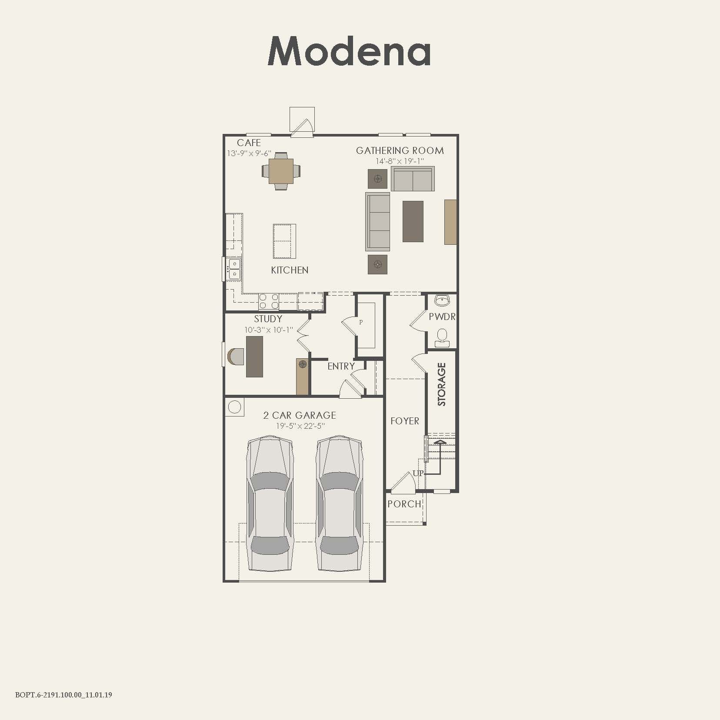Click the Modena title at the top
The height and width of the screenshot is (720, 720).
[349, 51]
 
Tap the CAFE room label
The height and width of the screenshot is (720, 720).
[249, 143]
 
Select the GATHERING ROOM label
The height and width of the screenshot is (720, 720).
[400, 150]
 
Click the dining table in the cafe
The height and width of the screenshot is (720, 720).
[281, 171]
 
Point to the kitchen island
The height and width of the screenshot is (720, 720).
[284, 241]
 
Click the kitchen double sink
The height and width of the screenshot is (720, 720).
[234, 269]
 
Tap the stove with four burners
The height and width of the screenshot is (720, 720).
[269, 301]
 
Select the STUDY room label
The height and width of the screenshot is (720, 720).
[268, 319]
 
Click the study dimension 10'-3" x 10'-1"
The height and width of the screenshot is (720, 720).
[269, 330]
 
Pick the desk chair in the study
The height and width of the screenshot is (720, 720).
[235, 357]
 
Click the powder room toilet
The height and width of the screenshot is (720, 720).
[442, 337]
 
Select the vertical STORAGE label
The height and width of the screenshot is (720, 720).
[442, 384]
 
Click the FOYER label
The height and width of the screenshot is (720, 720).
[404, 421]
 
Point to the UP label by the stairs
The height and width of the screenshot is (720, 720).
[418, 473]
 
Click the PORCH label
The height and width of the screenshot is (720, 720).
[404, 504]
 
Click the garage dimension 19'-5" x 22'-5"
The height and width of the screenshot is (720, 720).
[300, 426]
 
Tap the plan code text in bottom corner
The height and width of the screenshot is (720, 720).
[63, 695]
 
